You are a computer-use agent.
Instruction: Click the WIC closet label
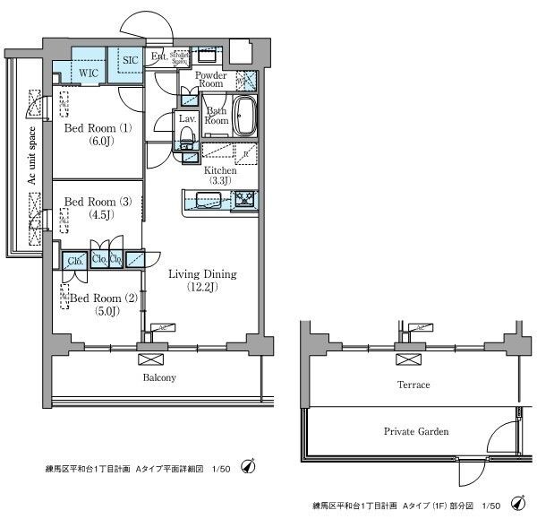88,71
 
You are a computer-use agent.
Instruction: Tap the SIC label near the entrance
131,59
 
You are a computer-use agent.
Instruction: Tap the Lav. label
187,118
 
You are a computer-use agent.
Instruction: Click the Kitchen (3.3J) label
220,175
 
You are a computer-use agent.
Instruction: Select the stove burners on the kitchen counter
245,199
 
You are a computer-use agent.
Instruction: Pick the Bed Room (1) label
98,134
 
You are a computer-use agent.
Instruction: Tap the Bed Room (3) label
98,208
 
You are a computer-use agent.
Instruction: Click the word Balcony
158,377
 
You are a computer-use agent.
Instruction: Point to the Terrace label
413,385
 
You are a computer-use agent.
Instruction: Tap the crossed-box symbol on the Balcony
146,359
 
